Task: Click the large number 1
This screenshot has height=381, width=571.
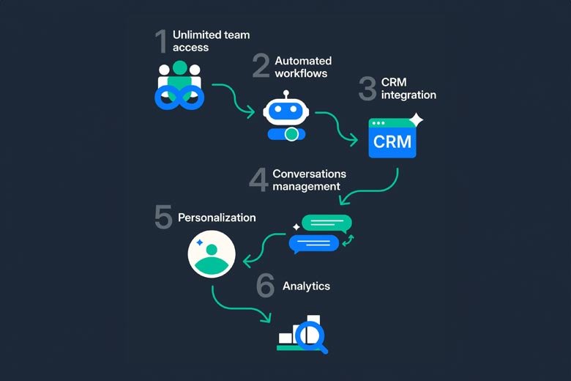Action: pyautogui.click(x=161, y=42)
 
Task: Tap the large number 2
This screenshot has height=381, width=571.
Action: pyautogui.click(x=261, y=66)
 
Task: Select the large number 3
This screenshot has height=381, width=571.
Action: pyautogui.click(x=367, y=88)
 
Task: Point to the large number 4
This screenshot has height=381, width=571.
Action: pyautogui.click(x=258, y=180)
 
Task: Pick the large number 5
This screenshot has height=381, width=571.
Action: pyautogui.click(x=163, y=217)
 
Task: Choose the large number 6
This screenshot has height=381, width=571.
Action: pyautogui.click(x=265, y=286)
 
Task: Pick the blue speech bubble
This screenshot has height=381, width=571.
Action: pyautogui.click(x=314, y=243)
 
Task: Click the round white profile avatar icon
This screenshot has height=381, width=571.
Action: pyautogui.click(x=212, y=254)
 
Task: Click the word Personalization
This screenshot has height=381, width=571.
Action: pyautogui.click(x=217, y=218)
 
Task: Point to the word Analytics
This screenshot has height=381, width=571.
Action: pyautogui.click(x=306, y=286)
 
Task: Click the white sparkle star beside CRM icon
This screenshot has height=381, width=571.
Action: pyautogui.click(x=416, y=119)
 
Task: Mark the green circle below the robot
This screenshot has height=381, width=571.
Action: pyautogui.click(x=292, y=134)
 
